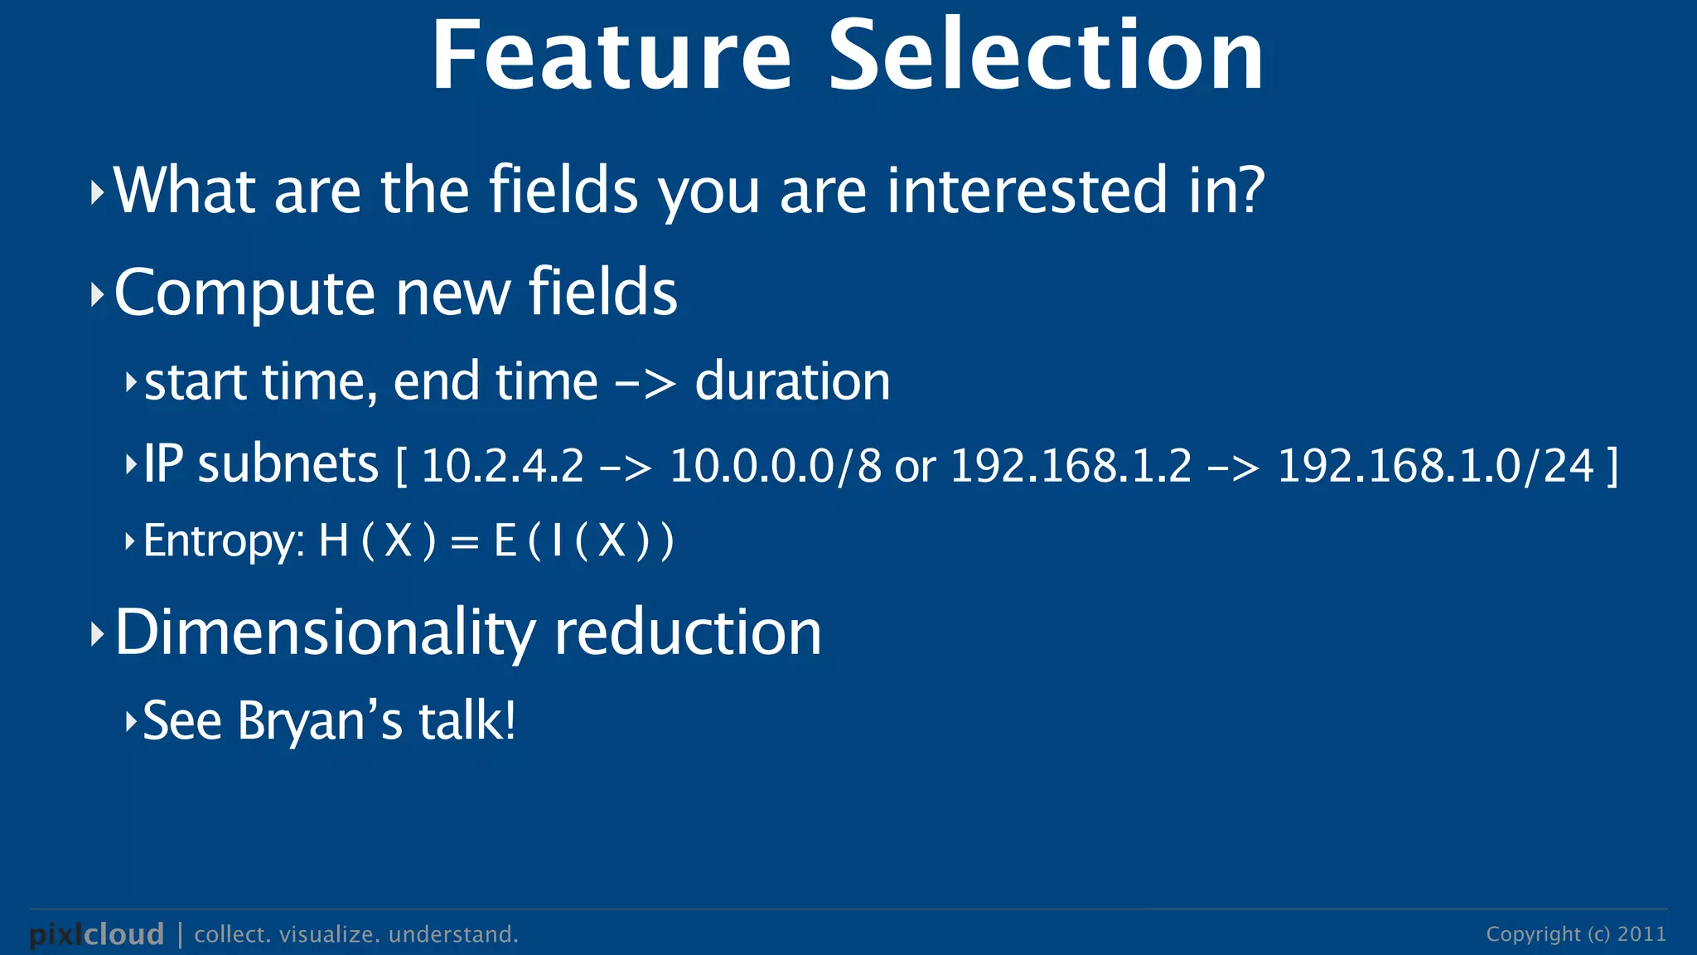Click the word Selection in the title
[x=1046, y=56]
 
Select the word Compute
[x=244, y=294]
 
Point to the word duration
[x=792, y=382]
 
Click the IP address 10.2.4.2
[x=502, y=466]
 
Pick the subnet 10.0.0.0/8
[x=775, y=466]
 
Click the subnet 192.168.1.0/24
[x=1435, y=466]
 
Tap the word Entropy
[x=222, y=542]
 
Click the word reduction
[x=687, y=633]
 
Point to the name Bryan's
[x=320, y=721]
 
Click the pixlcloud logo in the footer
[x=97, y=934]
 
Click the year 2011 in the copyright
[x=1641, y=934]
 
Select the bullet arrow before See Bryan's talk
[x=130, y=722]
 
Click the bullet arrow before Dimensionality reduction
[x=97, y=635]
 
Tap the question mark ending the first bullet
[x=1251, y=190]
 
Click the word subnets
[x=288, y=464]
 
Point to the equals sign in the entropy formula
[x=464, y=543]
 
